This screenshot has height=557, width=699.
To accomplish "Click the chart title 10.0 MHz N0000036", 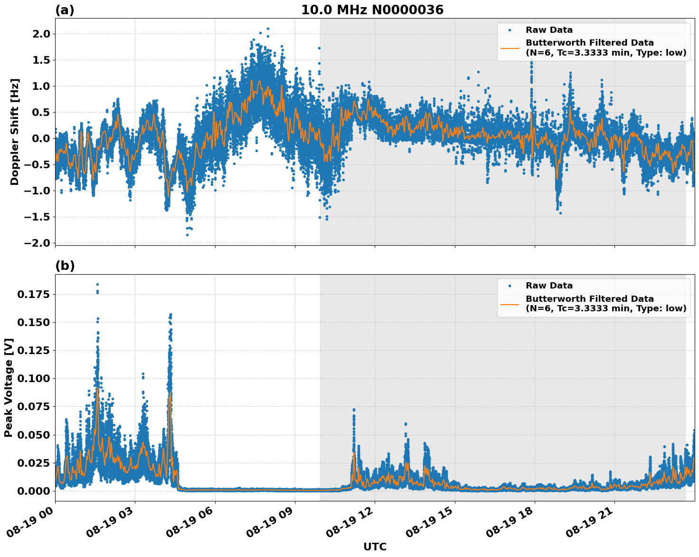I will [372, 10].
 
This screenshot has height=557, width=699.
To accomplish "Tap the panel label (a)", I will [65, 10].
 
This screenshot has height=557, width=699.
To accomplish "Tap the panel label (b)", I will [65, 266].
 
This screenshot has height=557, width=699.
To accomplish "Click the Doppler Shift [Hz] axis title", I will [15, 132].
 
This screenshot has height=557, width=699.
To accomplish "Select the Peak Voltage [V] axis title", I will [9, 387].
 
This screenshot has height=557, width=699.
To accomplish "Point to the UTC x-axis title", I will [375, 547].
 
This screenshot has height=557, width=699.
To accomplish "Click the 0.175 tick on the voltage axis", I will [33, 294].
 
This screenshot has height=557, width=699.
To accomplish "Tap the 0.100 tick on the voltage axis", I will [33, 378].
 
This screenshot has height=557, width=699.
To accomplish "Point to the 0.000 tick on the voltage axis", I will [33, 490].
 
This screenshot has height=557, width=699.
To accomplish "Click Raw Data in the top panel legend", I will [549, 30].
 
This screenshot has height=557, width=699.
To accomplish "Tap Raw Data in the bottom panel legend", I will [549, 286].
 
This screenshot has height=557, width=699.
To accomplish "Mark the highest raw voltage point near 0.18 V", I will [97, 284].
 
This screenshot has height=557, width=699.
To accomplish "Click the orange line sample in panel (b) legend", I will [510, 303].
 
